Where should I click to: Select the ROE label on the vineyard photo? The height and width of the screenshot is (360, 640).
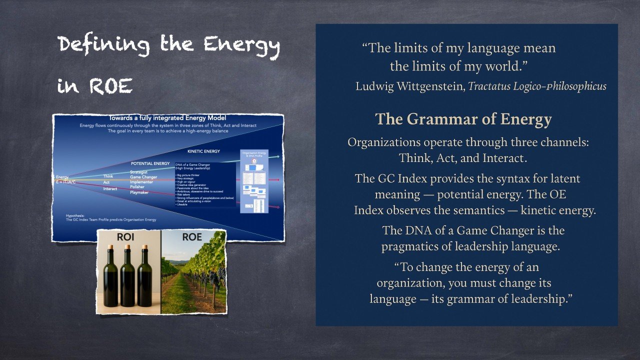[x=192, y=237]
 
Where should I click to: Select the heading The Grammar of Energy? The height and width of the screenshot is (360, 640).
[x=463, y=119]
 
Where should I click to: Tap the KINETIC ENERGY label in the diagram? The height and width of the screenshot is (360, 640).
[x=203, y=151]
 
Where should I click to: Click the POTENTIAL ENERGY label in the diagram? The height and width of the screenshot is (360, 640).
[x=151, y=163]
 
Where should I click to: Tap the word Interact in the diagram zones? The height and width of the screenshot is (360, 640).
[x=110, y=188]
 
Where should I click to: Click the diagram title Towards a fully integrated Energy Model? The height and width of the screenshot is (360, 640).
[x=167, y=118]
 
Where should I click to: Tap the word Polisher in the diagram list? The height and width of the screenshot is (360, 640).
[x=138, y=187]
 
